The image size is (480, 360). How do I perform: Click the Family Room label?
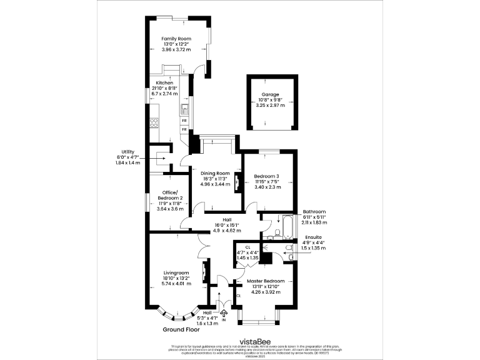[176, 39]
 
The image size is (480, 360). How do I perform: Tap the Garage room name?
[270, 94]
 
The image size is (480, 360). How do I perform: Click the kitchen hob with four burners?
[153, 122]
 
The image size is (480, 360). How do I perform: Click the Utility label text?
[128, 152]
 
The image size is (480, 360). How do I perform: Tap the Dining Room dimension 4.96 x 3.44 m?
[215, 184]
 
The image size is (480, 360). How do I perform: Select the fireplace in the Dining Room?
[237, 182]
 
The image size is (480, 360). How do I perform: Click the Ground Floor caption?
[182, 329]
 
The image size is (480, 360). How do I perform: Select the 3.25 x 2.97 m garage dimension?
[270, 106]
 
